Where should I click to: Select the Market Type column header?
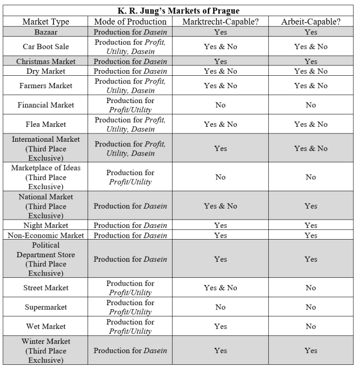[45, 22]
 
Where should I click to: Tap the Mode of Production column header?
[130, 22]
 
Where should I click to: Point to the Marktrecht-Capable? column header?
[220, 22]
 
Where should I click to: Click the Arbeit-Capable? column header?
[311, 22]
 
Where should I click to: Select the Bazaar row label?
[45, 32]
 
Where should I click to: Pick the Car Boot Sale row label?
[45, 46]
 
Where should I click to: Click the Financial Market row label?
[45, 105]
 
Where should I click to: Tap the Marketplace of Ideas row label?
[45, 177]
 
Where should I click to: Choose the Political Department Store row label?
[45, 259]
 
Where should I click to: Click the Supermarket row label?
[45, 307]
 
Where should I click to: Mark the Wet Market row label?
[45, 326]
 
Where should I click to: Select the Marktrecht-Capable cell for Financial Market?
[220, 105]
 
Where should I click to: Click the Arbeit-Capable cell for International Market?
[311, 148]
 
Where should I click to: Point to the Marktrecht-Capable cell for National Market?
[220, 206]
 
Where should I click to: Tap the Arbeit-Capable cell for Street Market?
[311, 288]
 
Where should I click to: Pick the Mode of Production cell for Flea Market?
[130, 124]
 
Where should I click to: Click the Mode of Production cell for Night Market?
[130, 225]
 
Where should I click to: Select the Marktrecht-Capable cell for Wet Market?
[220, 326]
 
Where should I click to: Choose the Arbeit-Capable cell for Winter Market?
[311, 350]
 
